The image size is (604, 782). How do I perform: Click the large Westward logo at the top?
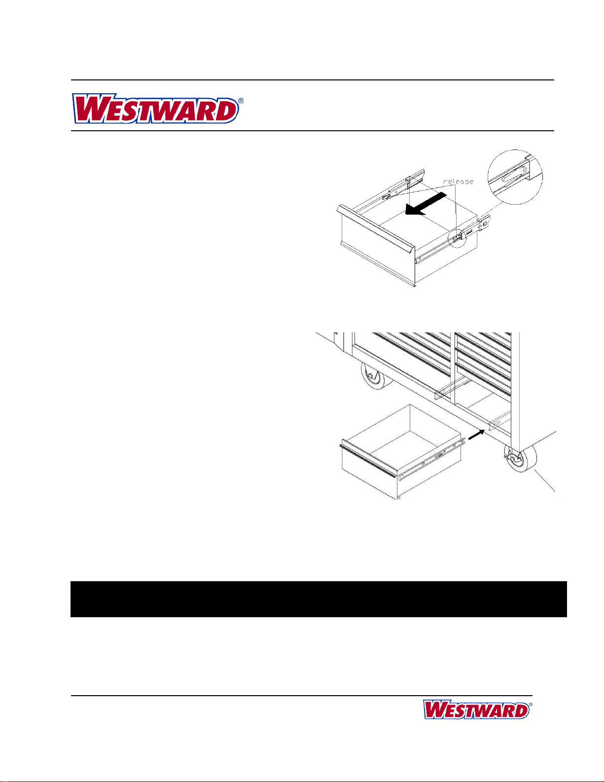157,109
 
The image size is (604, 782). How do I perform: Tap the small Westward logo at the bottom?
477,709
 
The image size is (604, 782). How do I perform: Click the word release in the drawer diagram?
459,182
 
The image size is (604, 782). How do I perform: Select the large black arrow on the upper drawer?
426,204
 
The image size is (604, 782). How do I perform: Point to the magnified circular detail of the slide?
515,177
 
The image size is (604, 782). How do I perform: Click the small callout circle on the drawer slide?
457,238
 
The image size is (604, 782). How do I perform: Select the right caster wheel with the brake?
520,458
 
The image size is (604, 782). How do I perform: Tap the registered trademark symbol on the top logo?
241,101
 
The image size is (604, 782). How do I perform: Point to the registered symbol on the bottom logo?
531,705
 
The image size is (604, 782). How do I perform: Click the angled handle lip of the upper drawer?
376,228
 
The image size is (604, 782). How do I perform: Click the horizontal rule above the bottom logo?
301,696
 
